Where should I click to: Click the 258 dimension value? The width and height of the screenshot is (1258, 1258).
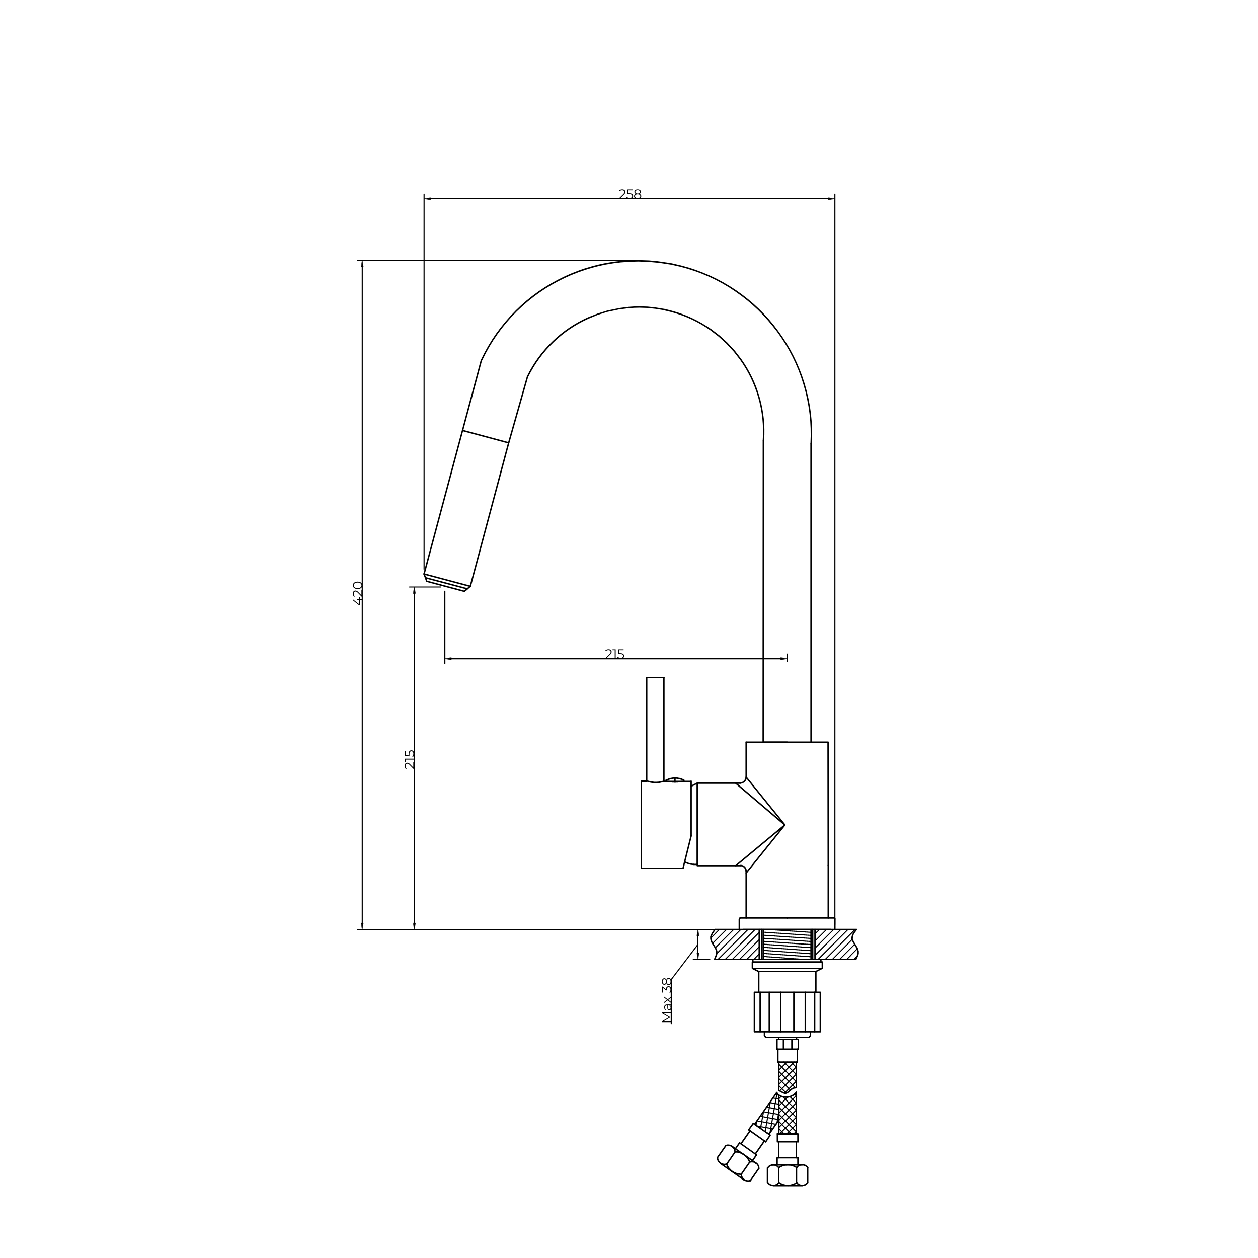(x=630, y=194)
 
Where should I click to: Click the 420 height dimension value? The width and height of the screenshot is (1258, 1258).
(x=357, y=593)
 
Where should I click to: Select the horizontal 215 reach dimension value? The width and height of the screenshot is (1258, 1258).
(x=615, y=654)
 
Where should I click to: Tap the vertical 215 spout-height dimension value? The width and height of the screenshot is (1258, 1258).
(x=410, y=759)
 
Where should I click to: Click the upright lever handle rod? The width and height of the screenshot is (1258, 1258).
(x=655, y=729)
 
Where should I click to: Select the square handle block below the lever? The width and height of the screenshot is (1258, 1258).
(x=665, y=824)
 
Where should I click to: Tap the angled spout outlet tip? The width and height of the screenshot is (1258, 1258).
(x=447, y=583)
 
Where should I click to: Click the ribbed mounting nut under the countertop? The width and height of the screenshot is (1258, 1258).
(x=787, y=1012)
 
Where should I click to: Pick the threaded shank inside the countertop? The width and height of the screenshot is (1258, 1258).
(x=787, y=944)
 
